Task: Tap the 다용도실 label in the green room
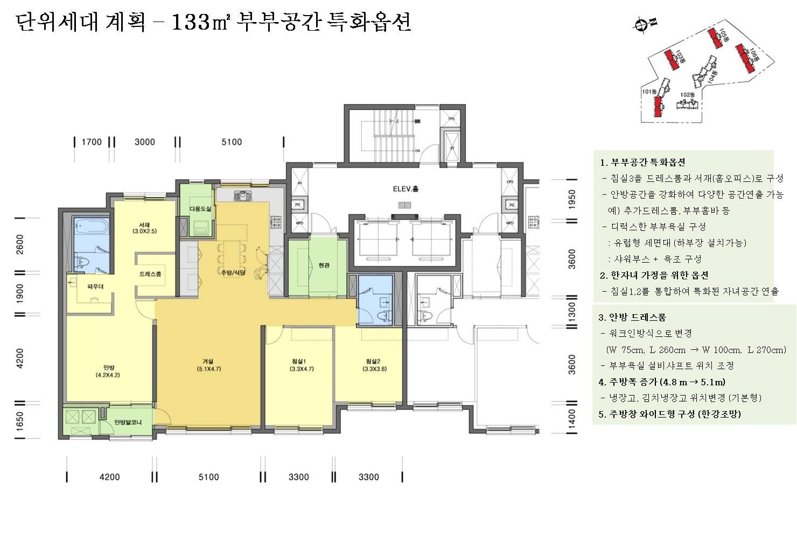(200, 209)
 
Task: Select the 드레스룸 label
(150, 274)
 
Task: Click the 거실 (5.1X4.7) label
(208, 365)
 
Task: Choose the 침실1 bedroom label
(298, 365)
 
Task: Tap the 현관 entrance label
(324, 265)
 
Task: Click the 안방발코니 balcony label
(128, 422)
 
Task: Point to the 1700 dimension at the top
(92, 142)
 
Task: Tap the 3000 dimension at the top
(144, 142)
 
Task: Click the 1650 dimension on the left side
(20, 422)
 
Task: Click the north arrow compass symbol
(642, 24)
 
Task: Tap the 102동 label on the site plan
(687, 95)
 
